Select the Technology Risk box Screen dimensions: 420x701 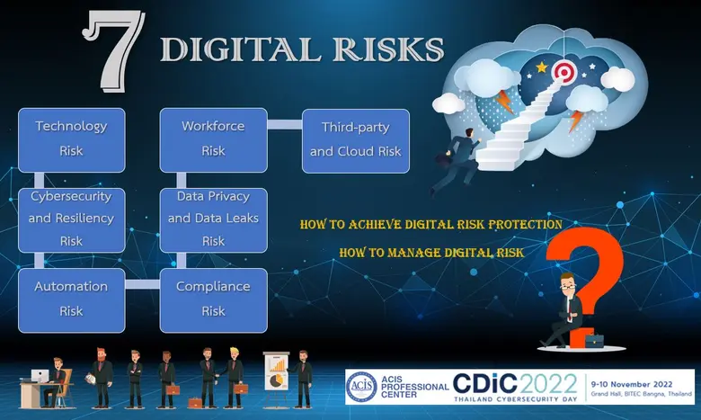pyautogui.click(x=71, y=139)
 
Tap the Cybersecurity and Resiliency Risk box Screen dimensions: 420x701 pyautogui.click(x=71, y=219)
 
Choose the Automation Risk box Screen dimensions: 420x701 pyautogui.click(x=71, y=299)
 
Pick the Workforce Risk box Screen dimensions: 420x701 pyautogui.click(x=213, y=139)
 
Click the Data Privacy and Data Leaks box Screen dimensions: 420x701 pyautogui.click(x=213, y=219)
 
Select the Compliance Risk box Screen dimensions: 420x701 pyautogui.click(x=213, y=299)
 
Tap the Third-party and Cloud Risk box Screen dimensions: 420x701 pyautogui.click(x=355, y=139)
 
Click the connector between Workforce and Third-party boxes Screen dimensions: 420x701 pyautogui.click(x=284, y=125)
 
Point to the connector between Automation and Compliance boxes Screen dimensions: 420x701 pyautogui.click(x=142, y=285)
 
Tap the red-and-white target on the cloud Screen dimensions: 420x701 pyautogui.click(x=564, y=72)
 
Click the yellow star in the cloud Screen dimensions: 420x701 pyautogui.click(x=541, y=67)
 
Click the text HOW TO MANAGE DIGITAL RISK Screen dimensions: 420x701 pyautogui.click(x=431, y=253)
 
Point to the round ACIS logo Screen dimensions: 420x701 pyautogui.click(x=361, y=387)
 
